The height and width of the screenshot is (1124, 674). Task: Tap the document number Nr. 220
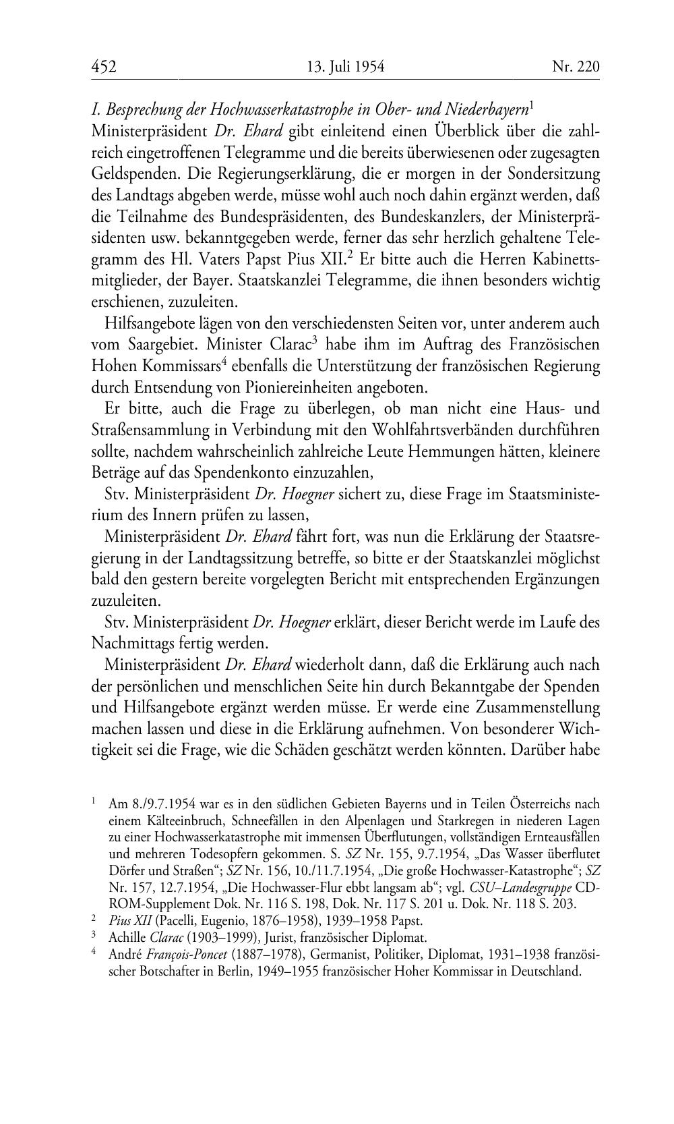coord(575,66)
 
